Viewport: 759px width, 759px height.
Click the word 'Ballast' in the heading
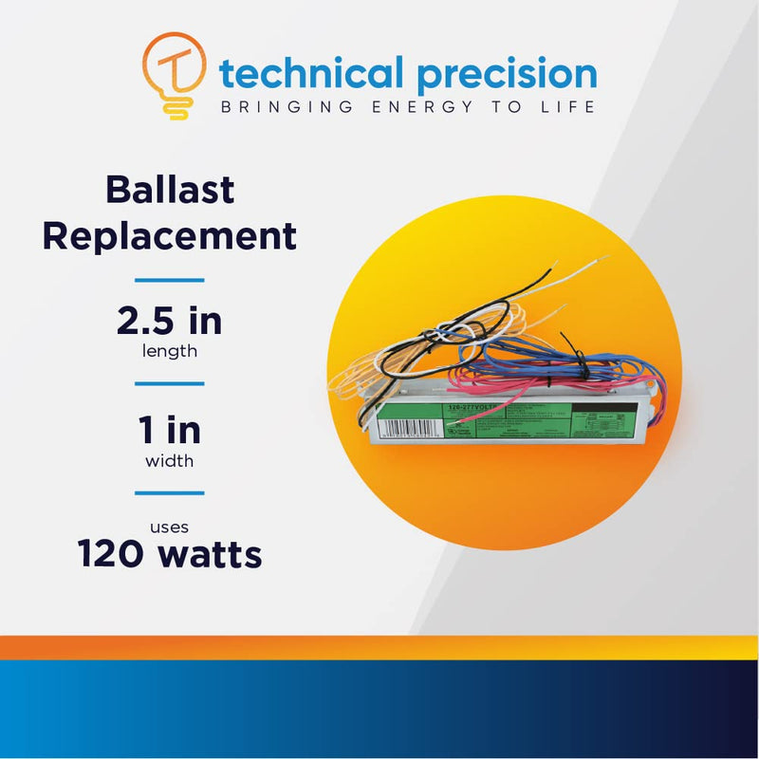click(170, 189)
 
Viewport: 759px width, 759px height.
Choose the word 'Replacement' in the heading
click(170, 235)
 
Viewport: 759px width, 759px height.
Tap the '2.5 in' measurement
click(170, 322)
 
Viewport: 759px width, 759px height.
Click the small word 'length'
click(170, 351)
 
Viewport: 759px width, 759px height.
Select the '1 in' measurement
click(170, 430)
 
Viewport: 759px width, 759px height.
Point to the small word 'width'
click(170, 461)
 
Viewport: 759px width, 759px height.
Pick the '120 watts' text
click(170, 553)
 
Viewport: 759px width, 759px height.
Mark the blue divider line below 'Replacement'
click(170, 280)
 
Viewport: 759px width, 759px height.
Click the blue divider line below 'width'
click(170, 493)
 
